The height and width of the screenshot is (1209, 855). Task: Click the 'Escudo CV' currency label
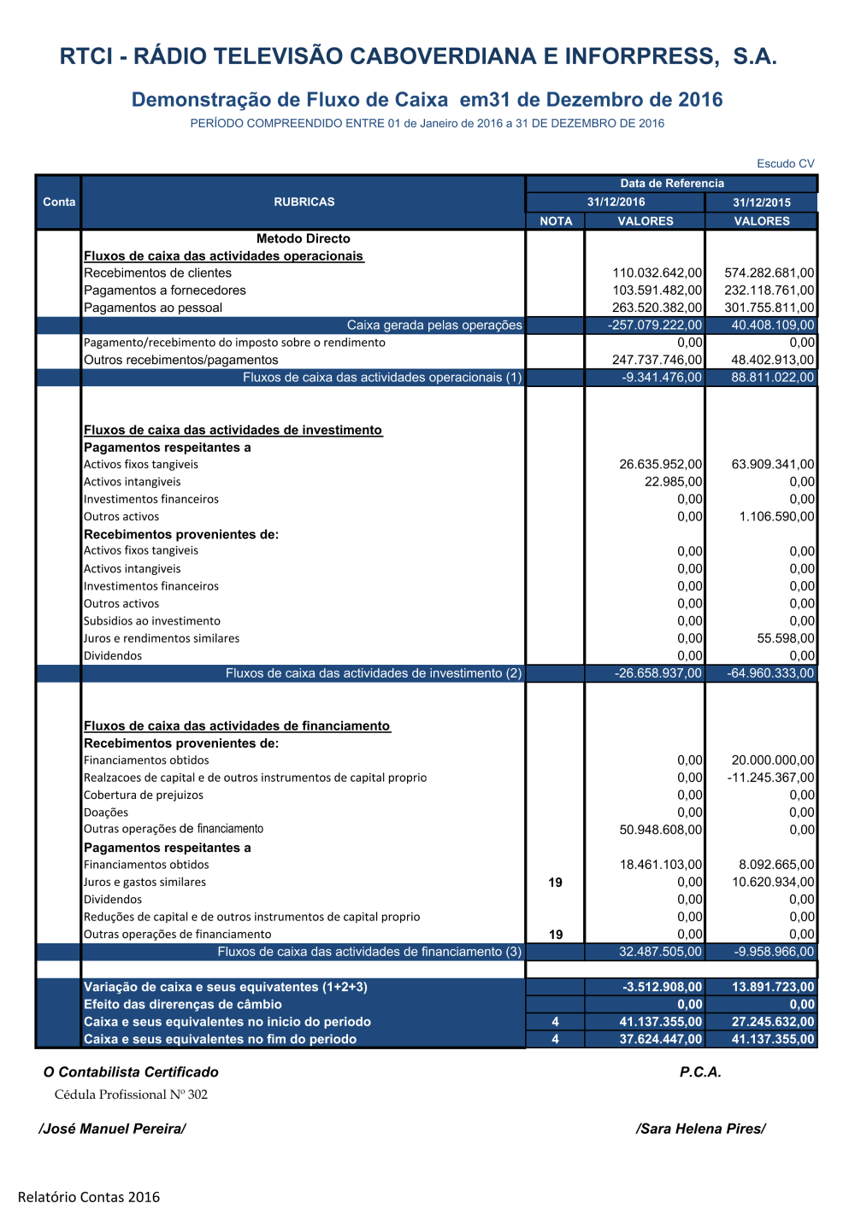click(x=785, y=163)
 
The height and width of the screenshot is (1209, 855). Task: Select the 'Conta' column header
click(x=59, y=202)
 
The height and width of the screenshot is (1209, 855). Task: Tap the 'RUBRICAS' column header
click(x=304, y=202)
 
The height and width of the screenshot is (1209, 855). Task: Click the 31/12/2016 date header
click(x=616, y=202)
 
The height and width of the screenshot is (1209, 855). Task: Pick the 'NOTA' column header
click(x=556, y=220)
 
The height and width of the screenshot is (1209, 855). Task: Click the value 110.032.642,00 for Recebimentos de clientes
click(x=657, y=273)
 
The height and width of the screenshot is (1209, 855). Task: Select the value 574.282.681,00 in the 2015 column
click(x=769, y=273)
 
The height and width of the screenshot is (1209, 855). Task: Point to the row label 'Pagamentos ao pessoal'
click(x=153, y=308)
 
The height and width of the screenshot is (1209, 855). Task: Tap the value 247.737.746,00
click(x=657, y=360)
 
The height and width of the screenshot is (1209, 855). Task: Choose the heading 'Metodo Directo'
click(x=303, y=238)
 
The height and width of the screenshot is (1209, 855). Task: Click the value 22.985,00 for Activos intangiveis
click(x=673, y=482)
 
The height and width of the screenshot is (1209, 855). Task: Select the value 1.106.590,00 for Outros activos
click(x=776, y=516)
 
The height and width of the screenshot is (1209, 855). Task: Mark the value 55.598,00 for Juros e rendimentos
click(x=785, y=638)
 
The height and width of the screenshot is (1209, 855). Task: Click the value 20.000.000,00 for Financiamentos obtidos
click(x=773, y=760)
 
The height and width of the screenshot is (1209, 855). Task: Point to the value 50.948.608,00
click(x=660, y=830)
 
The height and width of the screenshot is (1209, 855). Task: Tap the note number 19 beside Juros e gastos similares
click(x=556, y=882)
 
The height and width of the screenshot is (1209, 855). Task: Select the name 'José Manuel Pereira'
click(x=112, y=1129)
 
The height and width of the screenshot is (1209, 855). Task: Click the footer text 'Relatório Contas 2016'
click(x=89, y=1197)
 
